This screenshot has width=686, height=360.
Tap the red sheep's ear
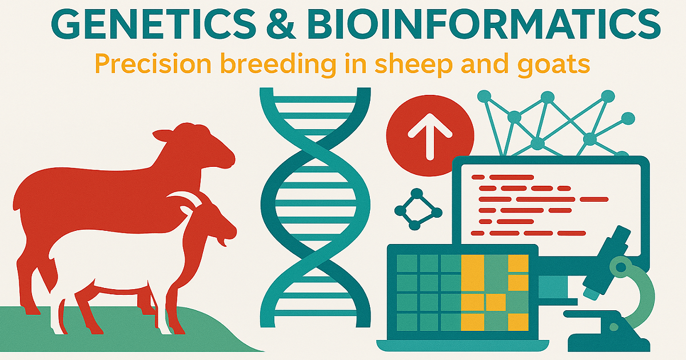pyautogui.click(x=164, y=135)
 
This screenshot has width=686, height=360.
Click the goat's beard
pyautogui.click(x=222, y=242)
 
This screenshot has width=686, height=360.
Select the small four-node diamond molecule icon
pyautogui.click(x=418, y=209)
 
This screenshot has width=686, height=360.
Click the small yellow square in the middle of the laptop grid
pyautogui.click(x=496, y=302)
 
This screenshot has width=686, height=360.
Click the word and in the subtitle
pyautogui.click(x=485, y=63)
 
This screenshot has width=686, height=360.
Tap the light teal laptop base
pyautogui.click(x=462, y=345)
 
